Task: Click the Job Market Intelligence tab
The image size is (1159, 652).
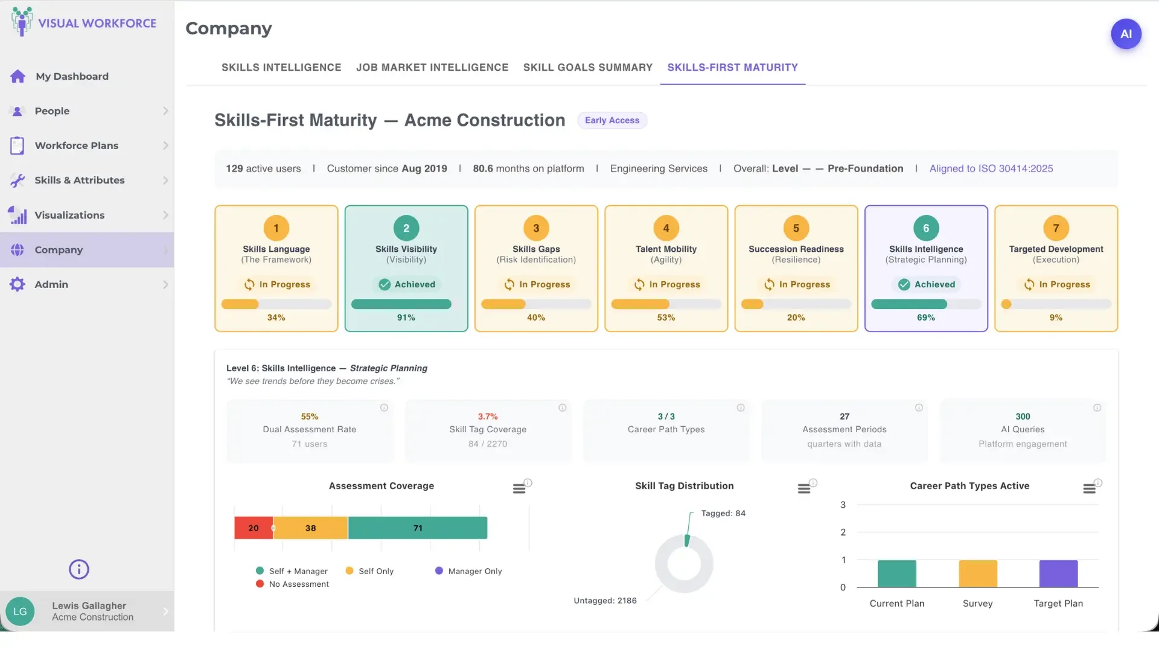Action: tap(432, 68)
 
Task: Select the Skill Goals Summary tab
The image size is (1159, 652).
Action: tap(587, 68)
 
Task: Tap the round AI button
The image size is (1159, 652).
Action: tap(1126, 34)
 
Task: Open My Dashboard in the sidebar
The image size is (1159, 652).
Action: tap(72, 77)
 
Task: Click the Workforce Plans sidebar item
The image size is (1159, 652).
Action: tap(77, 145)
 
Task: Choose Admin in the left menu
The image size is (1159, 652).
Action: tap(51, 284)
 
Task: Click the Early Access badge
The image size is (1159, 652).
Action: tap(611, 120)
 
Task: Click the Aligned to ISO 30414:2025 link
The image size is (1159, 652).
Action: tap(991, 168)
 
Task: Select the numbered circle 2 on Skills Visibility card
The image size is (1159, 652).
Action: tap(406, 228)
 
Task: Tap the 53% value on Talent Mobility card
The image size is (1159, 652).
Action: tap(666, 318)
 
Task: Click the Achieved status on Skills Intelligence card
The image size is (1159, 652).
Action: tap(927, 284)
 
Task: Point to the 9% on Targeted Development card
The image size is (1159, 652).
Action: tap(1056, 318)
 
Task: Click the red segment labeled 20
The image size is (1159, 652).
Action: tap(254, 528)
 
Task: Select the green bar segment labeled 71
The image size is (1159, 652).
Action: tap(418, 528)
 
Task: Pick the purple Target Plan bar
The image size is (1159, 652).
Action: tap(1058, 574)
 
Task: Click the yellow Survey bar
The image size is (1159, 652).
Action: tap(978, 574)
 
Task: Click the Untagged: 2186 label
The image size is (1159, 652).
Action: tap(605, 601)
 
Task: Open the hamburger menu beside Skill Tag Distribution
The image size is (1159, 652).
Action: tap(803, 488)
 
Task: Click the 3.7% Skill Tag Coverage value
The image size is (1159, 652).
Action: tap(488, 417)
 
